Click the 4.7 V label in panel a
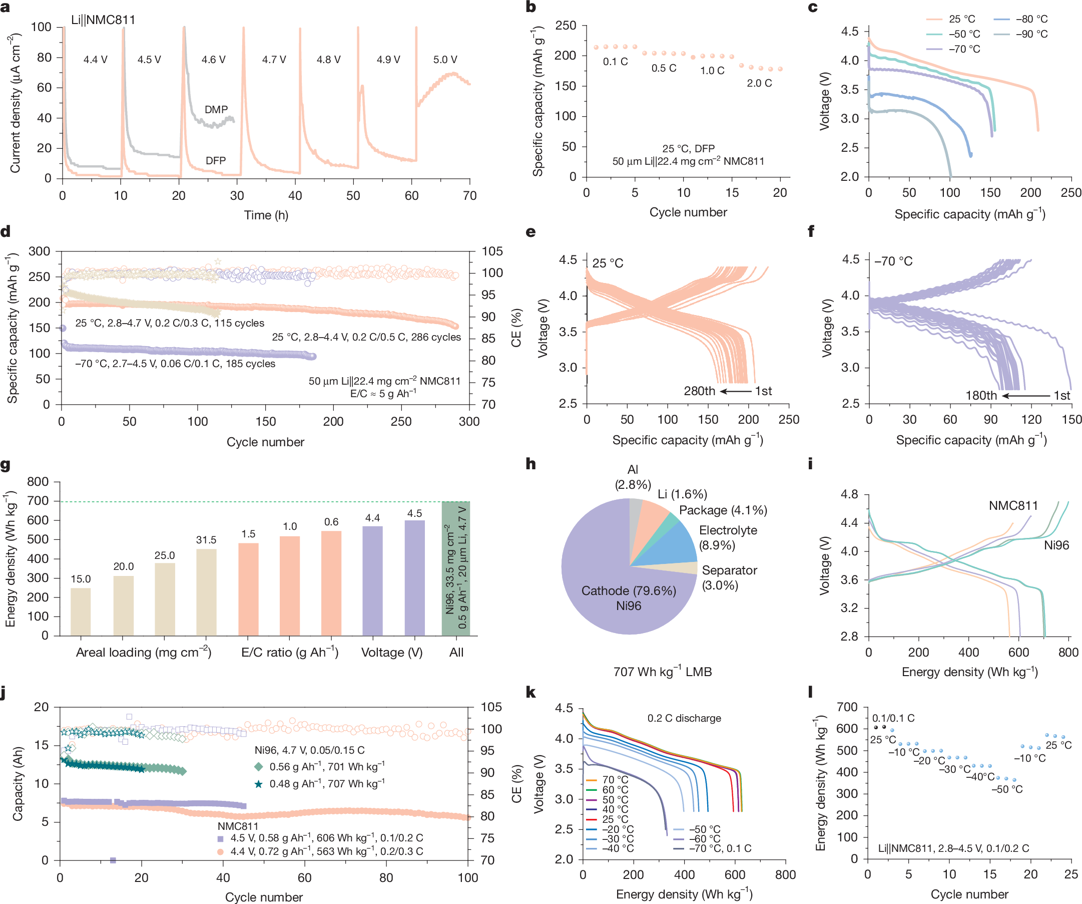[274, 60]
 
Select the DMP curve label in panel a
[216, 109]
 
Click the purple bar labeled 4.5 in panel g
[414, 577]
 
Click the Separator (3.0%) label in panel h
[729, 577]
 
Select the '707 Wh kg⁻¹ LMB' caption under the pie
[662, 672]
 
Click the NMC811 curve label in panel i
[1013, 505]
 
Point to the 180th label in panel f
[981, 396]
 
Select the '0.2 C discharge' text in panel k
[684, 718]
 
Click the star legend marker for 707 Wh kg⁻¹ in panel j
[259, 784]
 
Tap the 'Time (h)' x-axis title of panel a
[266, 215]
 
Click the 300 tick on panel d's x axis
[469, 421]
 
